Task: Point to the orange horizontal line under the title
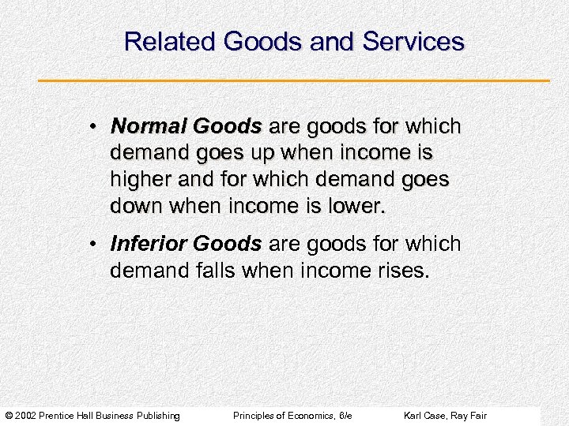(294, 80)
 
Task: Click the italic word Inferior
(148, 244)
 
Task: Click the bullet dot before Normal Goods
(93, 127)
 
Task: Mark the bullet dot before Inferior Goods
(93, 245)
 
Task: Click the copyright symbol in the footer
(8, 416)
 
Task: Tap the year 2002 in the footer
(24, 416)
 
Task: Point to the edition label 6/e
(344, 416)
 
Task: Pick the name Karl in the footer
(413, 416)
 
